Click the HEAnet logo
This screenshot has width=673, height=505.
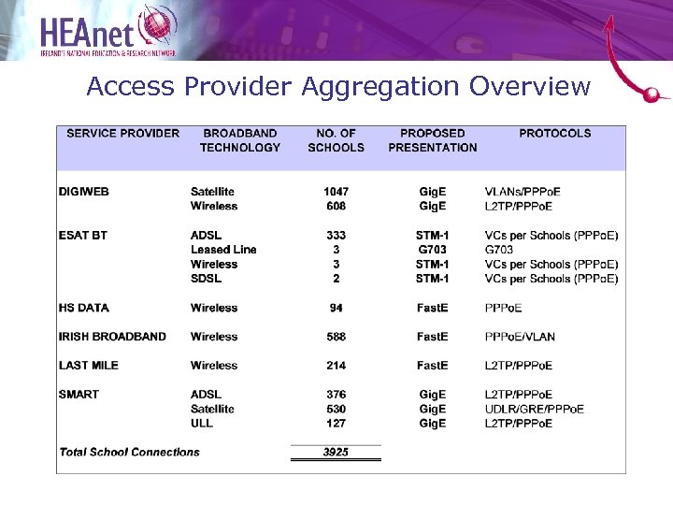(x=107, y=30)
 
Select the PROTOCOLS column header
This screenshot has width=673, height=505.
(x=555, y=133)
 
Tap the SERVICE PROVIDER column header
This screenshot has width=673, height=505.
(x=123, y=133)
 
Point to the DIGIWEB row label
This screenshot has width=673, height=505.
(x=84, y=192)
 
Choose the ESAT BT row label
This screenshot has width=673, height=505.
(x=83, y=235)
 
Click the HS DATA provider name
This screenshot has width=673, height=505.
(x=84, y=308)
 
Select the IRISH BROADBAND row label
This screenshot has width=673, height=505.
(x=112, y=337)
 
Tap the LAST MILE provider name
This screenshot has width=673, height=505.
(x=89, y=366)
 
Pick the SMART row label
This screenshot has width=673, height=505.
(x=79, y=395)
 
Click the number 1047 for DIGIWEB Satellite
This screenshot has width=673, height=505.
(x=336, y=192)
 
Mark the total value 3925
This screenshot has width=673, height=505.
(x=336, y=452)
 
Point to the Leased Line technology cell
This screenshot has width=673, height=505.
(x=223, y=250)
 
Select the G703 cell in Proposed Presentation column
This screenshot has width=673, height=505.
(x=432, y=250)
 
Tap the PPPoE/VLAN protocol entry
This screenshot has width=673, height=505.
(x=520, y=337)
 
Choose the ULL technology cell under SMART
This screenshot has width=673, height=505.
(x=202, y=423)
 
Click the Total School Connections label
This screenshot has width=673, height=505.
(x=130, y=452)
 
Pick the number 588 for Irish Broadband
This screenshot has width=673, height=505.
(x=336, y=337)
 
